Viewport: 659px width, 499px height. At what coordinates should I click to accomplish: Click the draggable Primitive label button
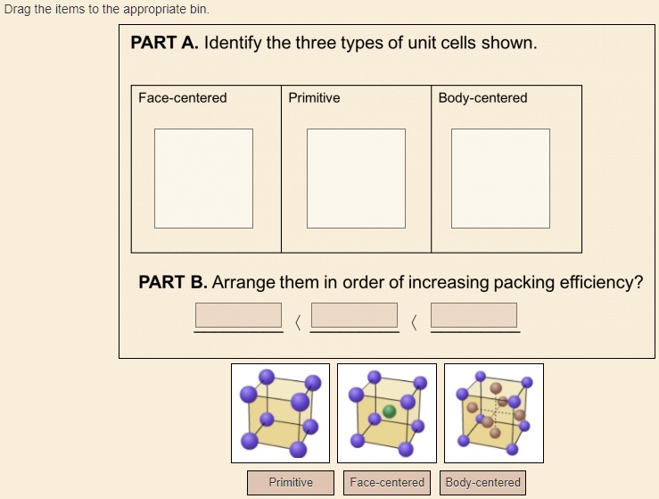pos(291,483)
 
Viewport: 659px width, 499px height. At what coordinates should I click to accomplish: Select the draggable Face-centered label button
pos(387,483)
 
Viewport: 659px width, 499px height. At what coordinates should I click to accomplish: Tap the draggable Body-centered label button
pos(482,483)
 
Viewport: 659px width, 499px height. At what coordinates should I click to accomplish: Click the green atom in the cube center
pos(389,412)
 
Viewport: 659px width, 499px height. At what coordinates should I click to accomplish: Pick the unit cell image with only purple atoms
pos(280,412)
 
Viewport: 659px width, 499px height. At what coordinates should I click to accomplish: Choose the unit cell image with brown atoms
pos(493,412)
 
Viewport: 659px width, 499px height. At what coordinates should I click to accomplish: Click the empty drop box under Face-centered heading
pos(203,178)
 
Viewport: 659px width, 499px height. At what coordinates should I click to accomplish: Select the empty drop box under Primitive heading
pos(356,178)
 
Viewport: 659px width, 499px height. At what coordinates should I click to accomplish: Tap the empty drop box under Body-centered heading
pos(500,178)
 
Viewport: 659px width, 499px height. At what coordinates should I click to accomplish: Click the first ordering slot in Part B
pos(239,315)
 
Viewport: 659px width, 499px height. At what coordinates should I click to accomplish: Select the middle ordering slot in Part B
pos(355,315)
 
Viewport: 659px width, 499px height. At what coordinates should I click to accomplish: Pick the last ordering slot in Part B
pos(474,315)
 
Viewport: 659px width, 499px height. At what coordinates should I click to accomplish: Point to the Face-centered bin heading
pos(183,98)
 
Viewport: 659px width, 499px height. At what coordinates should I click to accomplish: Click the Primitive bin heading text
pos(314,98)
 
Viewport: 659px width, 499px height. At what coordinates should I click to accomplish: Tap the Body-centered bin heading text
pos(482,98)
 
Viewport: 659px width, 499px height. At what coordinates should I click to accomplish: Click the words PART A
pos(164,44)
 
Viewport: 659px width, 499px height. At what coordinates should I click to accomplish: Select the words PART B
pos(173,283)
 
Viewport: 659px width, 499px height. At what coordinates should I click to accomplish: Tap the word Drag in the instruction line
pos(17,9)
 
